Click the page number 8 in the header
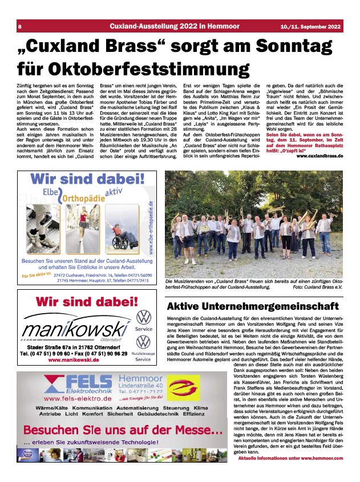tap(20, 27)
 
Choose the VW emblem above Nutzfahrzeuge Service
tap(144, 342)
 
